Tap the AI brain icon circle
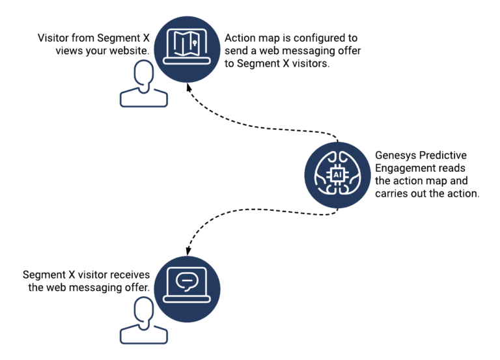pos(337,175)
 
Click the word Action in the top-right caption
pos(240,38)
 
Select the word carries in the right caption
pos(393,193)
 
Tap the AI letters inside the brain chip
pos(337,175)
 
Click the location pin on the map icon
pos(192,42)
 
